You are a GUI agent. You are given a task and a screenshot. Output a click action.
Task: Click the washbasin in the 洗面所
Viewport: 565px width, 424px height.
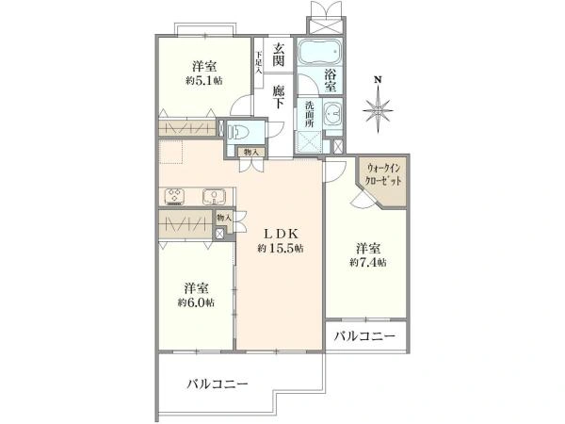329,116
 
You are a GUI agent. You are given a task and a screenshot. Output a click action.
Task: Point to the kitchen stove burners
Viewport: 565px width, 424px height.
176,197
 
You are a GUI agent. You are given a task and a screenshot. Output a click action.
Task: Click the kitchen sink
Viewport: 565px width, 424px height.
214,197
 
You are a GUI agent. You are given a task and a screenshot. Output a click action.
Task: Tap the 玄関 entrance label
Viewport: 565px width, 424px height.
279,55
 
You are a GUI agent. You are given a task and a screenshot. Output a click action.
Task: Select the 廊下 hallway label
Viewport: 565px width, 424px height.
279,92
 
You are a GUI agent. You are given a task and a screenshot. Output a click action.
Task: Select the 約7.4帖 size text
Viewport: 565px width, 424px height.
368,262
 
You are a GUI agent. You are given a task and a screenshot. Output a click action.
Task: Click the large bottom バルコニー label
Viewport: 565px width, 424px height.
217,384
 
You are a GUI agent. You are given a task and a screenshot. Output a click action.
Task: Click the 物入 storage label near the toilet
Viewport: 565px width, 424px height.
250,151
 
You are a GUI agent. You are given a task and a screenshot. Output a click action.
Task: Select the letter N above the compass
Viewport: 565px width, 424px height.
377,79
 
